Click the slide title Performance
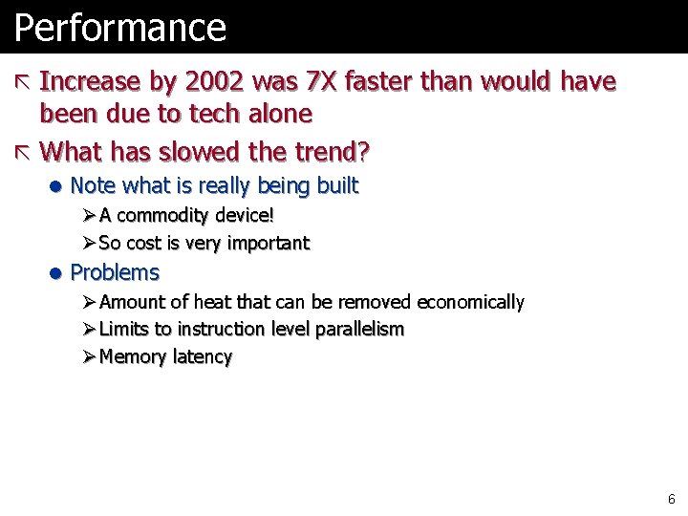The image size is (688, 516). (119, 28)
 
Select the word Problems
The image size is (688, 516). (115, 272)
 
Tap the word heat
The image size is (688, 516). (212, 302)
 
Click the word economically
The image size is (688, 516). (470, 302)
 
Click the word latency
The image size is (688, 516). (203, 357)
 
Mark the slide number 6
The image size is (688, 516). (671, 499)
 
